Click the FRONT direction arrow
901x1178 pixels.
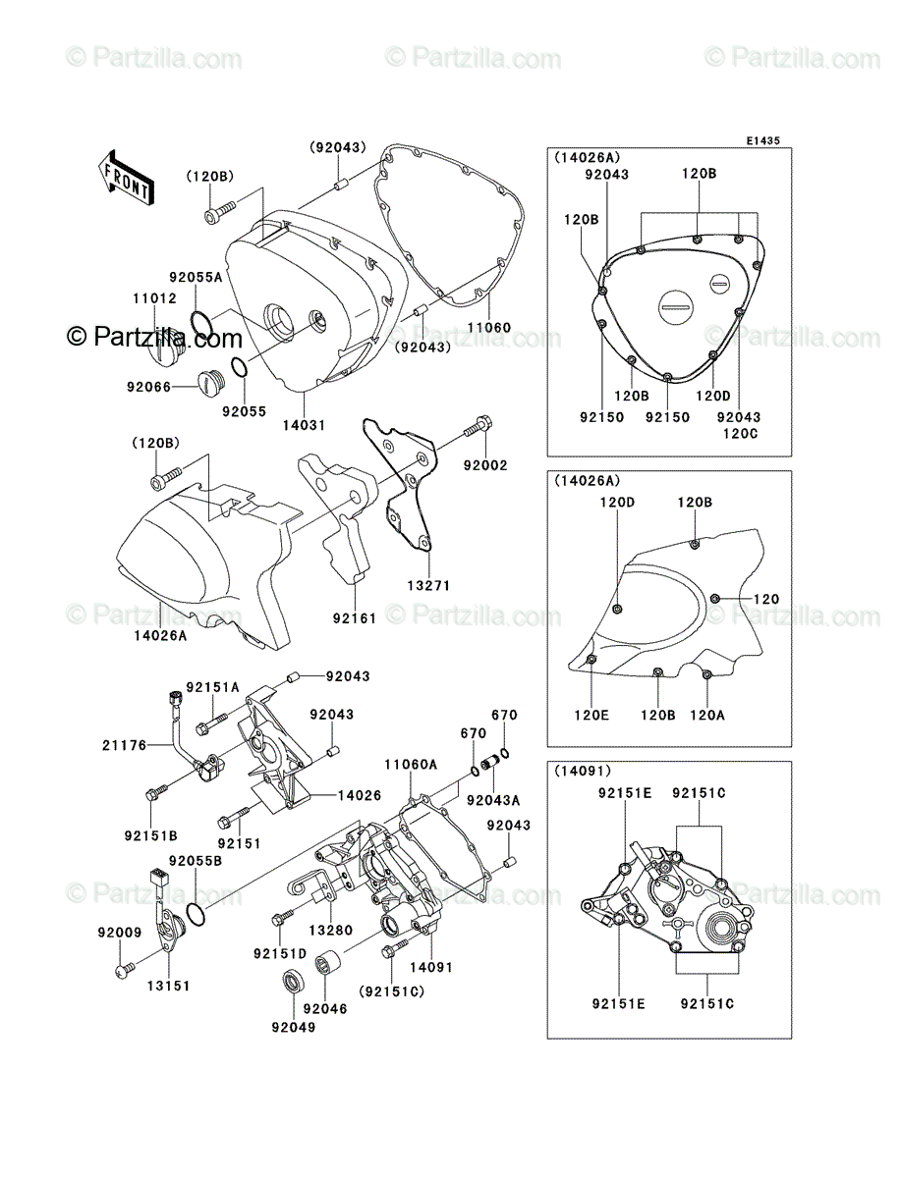[125, 177]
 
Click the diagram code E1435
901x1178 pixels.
[762, 141]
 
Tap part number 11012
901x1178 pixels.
[154, 298]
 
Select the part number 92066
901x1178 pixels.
[148, 387]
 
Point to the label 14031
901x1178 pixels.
[305, 425]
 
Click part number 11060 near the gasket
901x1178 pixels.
[489, 327]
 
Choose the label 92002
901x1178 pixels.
[485, 465]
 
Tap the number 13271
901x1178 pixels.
[428, 585]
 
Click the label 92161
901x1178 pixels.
[355, 618]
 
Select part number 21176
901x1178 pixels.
[124, 745]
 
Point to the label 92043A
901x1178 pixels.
[493, 800]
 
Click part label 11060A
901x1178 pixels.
[411, 765]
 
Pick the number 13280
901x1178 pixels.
[331, 930]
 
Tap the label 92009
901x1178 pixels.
[120, 933]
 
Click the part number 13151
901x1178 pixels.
[169, 986]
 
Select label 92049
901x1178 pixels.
[294, 1027]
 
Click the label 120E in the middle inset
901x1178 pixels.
[591, 715]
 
